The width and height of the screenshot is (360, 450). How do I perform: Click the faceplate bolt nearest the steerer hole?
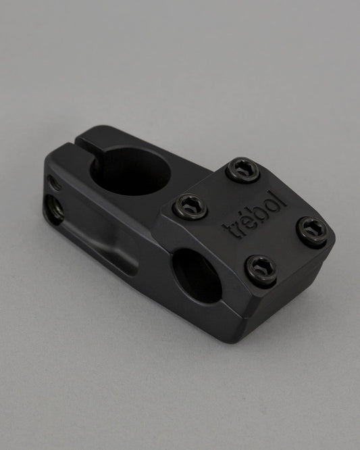pos(190,206)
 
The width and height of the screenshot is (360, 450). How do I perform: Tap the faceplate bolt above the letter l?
pos(243,170)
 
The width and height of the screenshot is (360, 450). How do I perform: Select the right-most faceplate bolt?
pos(312,231)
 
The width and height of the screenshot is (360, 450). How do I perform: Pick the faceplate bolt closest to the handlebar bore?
pos(262,271)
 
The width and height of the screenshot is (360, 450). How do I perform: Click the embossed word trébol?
pos(255,214)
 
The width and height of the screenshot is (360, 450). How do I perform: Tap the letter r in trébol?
pos(238,224)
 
